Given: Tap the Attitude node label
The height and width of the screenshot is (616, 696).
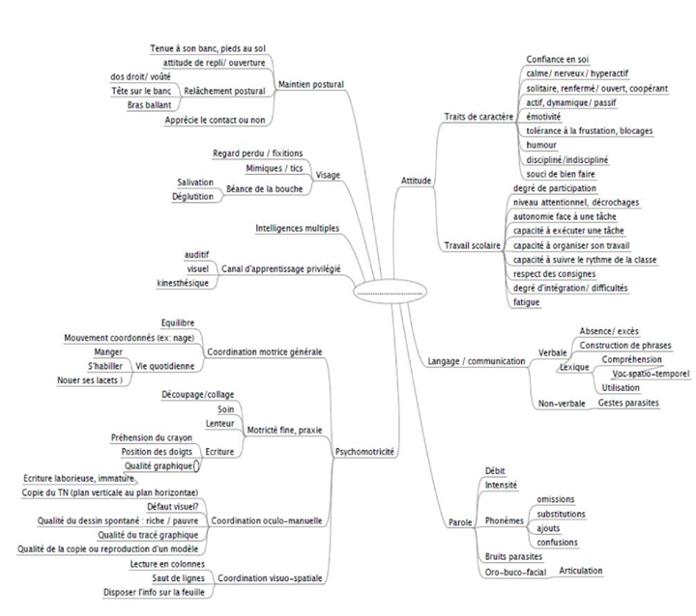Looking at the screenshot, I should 417,181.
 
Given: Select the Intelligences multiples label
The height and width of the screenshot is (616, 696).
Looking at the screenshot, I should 297,229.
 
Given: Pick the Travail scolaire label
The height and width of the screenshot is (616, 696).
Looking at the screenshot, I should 472,246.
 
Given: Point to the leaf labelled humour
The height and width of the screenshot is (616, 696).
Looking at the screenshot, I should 538,144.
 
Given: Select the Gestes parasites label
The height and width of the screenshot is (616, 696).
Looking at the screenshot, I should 628,402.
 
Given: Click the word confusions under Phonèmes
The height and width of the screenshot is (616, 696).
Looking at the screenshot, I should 559,542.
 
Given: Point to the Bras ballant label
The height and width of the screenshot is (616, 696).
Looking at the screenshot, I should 149,104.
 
